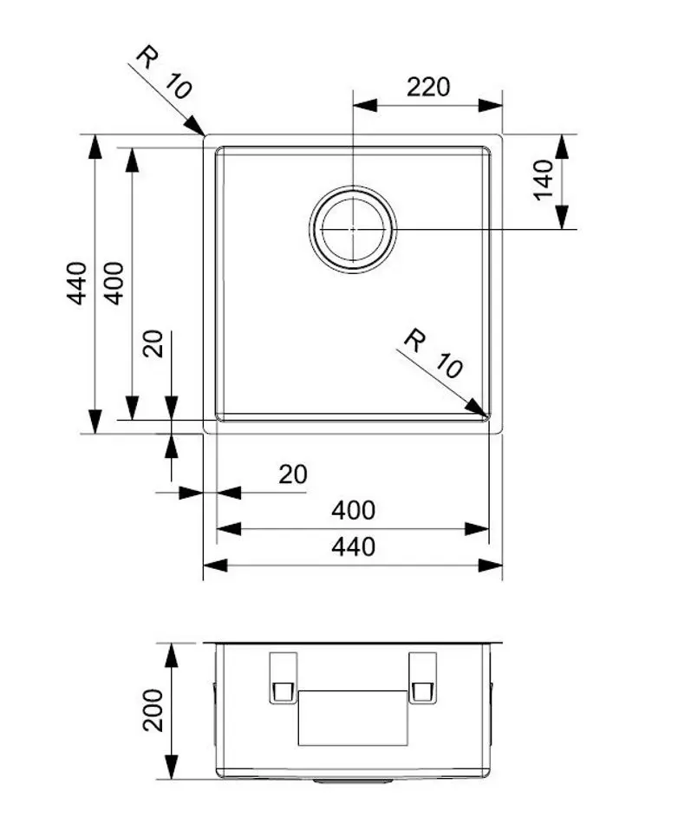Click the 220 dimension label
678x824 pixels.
[428, 87]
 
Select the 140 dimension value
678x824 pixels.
[544, 180]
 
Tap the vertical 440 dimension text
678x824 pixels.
[77, 282]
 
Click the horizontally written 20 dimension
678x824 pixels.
[293, 474]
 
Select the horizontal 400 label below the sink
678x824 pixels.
[353, 511]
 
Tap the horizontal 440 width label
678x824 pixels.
[353, 547]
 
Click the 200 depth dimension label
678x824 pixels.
[153, 710]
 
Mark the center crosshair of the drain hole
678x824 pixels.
[352, 230]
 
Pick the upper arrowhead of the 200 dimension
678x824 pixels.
[171, 653]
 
